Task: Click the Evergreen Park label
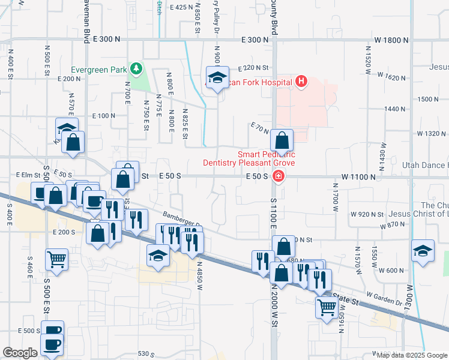click(x=100, y=69)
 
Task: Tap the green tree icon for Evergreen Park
click(x=137, y=68)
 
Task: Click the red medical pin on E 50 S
click(x=278, y=176)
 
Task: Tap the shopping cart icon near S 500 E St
click(x=56, y=260)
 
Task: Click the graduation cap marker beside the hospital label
click(x=216, y=77)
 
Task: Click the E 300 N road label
click(x=256, y=40)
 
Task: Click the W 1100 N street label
click(x=358, y=177)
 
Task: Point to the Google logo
click(x=20, y=353)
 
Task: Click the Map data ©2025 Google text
click(x=412, y=355)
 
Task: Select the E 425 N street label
click(x=181, y=7)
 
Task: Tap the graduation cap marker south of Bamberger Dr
click(x=157, y=254)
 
